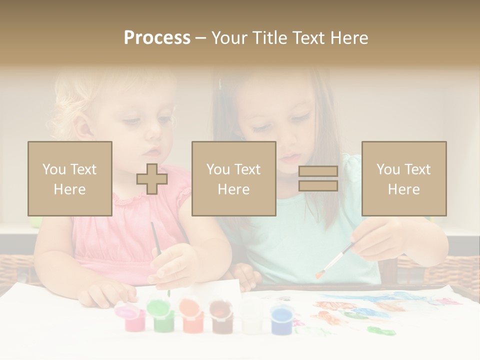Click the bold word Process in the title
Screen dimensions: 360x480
157,37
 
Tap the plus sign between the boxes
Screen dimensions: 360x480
152,179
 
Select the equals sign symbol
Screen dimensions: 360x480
318,178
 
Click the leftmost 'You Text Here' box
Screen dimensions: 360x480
69,178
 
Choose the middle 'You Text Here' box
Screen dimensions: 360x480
233,178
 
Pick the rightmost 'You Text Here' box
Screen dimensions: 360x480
403,178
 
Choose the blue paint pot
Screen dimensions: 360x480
281,319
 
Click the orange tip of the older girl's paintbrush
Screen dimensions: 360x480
318,274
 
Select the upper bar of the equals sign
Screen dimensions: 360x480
318,171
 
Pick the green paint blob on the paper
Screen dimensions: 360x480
380,330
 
